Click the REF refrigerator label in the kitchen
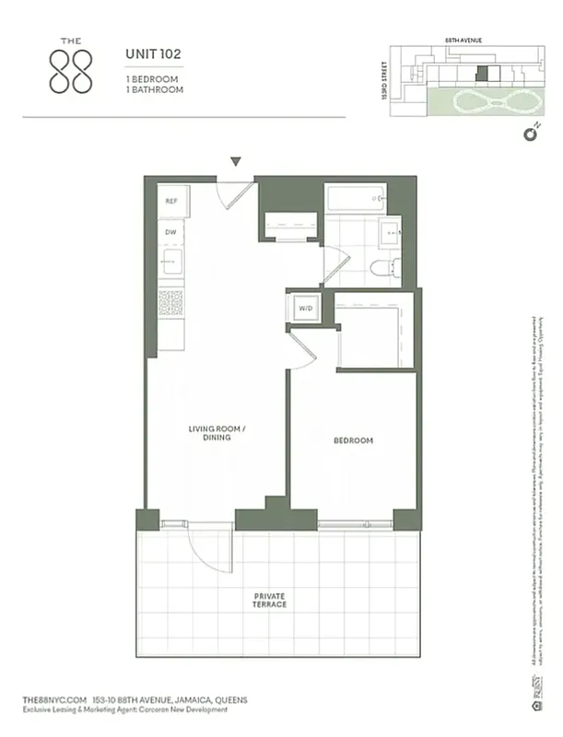pos(171,201)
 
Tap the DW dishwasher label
pos(170,233)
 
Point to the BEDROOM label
pos(353,441)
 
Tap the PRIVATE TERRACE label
pos(270,600)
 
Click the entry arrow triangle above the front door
pos(236,162)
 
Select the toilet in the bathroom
pos(382,268)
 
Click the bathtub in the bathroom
pos(355,198)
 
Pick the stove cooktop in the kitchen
pos(170,303)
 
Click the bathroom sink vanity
pos(391,234)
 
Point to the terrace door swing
pos(210,548)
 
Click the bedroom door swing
pos(302,350)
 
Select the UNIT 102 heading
pos(153,54)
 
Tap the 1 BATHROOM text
pos(155,90)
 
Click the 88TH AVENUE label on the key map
pos(463,41)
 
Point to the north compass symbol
pos(530,134)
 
